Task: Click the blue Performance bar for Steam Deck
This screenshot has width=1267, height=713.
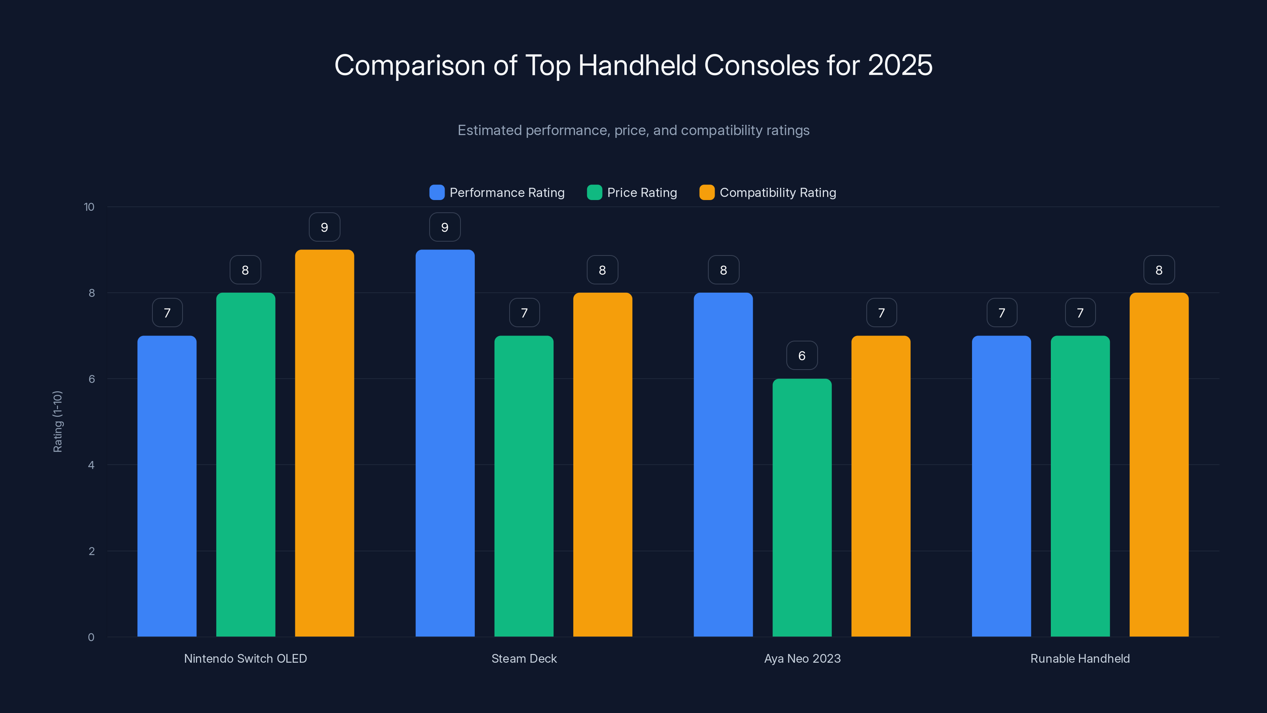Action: pos(445,443)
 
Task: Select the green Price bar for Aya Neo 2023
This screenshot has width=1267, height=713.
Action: pos(802,507)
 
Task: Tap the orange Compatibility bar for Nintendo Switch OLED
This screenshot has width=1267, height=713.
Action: pos(324,443)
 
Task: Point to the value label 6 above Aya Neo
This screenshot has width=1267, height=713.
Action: pos(802,355)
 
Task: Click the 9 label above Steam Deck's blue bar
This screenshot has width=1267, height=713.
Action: pos(445,227)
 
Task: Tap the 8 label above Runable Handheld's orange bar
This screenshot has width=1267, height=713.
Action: pos(1159,270)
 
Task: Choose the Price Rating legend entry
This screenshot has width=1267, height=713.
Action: pos(641,193)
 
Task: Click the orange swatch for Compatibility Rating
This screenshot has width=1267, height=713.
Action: pos(707,193)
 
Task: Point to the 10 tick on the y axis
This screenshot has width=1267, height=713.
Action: pos(89,207)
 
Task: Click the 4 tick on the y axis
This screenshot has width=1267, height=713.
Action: pos(91,465)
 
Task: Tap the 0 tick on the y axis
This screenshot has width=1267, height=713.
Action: pos(91,637)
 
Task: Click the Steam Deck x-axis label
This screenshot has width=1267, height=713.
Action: pos(524,658)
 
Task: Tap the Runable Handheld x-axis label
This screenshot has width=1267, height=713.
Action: pos(1080,658)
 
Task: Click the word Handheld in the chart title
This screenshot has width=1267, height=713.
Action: pos(637,65)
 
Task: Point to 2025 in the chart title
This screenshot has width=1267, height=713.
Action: pos(900,65)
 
